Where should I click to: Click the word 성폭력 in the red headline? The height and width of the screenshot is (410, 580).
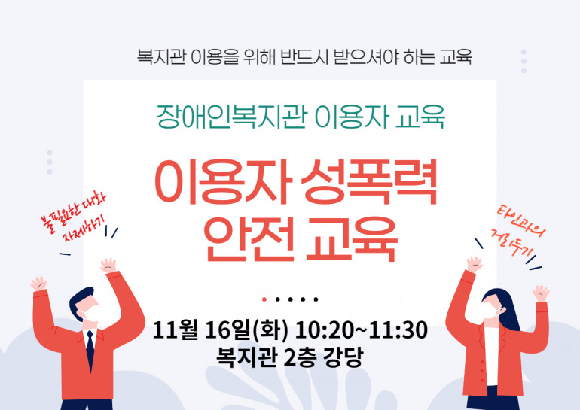pos(369,182)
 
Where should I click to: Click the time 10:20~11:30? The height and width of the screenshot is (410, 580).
pos(362,330)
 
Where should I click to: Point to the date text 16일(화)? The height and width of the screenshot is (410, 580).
pos(246,330)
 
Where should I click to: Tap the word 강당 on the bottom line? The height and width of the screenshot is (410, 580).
pos(343,357)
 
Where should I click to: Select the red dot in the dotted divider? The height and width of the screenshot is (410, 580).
pos(264,299)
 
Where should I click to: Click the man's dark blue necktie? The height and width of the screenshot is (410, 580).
pos(90,349)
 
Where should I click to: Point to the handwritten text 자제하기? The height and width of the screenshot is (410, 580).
pos(83,231)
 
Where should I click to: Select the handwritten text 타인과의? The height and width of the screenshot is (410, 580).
pos(521,221)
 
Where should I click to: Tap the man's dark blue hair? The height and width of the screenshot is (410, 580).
pos(81,298)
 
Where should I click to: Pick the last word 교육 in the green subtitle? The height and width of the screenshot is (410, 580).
pos(420,117)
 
